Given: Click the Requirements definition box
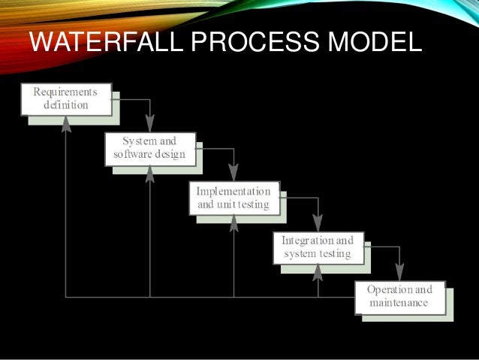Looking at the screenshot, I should coord(65,99).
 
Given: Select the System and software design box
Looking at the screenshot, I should coord(149,148).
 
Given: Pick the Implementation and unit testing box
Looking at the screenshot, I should coord(233,198).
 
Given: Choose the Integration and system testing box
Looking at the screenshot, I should coord(318,247).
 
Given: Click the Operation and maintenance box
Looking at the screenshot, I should coord(400,297).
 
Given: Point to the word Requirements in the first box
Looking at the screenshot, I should coord(65,92).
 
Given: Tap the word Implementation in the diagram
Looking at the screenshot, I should coord(233,191).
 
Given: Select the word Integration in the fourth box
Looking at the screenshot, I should coord(308,241).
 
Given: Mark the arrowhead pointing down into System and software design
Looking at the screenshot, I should coord(150,125).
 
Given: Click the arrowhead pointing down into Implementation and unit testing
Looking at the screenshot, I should coord(233,174).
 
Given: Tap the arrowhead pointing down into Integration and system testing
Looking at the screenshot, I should coord(318,223).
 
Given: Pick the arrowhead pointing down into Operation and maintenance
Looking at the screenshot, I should coord(400,273).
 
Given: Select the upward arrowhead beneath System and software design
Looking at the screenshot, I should coord(150,174).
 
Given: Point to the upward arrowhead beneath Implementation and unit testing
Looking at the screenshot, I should coord(233,222).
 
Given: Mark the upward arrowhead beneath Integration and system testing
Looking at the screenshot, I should coord(318,272).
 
